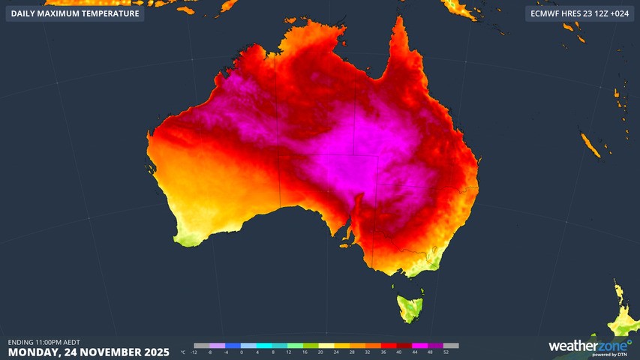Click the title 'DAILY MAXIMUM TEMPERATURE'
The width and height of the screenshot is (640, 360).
coord(75,13)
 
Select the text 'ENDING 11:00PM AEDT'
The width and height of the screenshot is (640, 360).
coord(44,342)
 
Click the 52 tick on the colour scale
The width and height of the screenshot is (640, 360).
coord(446,352)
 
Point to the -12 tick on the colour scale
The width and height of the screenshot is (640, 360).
coord(194,352)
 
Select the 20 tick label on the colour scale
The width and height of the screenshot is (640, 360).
coord(320,352)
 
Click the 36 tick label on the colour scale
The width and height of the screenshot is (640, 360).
coord(383,352)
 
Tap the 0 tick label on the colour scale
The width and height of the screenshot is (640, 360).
coord(242,352)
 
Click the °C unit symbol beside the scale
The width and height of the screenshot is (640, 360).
coord(184,352)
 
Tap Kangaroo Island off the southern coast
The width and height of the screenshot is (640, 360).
coord(346,244)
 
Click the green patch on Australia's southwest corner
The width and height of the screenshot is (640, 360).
coord(188,238)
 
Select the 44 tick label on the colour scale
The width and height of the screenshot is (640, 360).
coord(414,352)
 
